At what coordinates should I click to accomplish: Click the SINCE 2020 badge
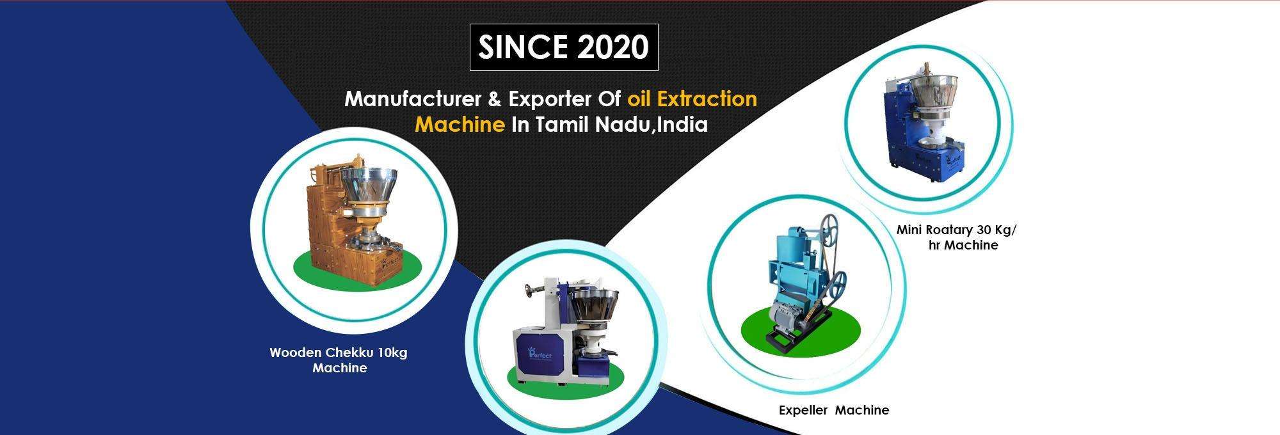(564, 47)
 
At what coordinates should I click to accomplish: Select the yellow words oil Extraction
(692, 99)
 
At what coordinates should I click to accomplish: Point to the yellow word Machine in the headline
(460, 123)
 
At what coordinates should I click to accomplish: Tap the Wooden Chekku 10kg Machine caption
(339, 360)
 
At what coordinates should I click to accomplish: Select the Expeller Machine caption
(834, 410)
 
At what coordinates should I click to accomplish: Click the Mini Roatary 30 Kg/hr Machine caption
(956, 237)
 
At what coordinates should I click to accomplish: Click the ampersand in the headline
(495, 100)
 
